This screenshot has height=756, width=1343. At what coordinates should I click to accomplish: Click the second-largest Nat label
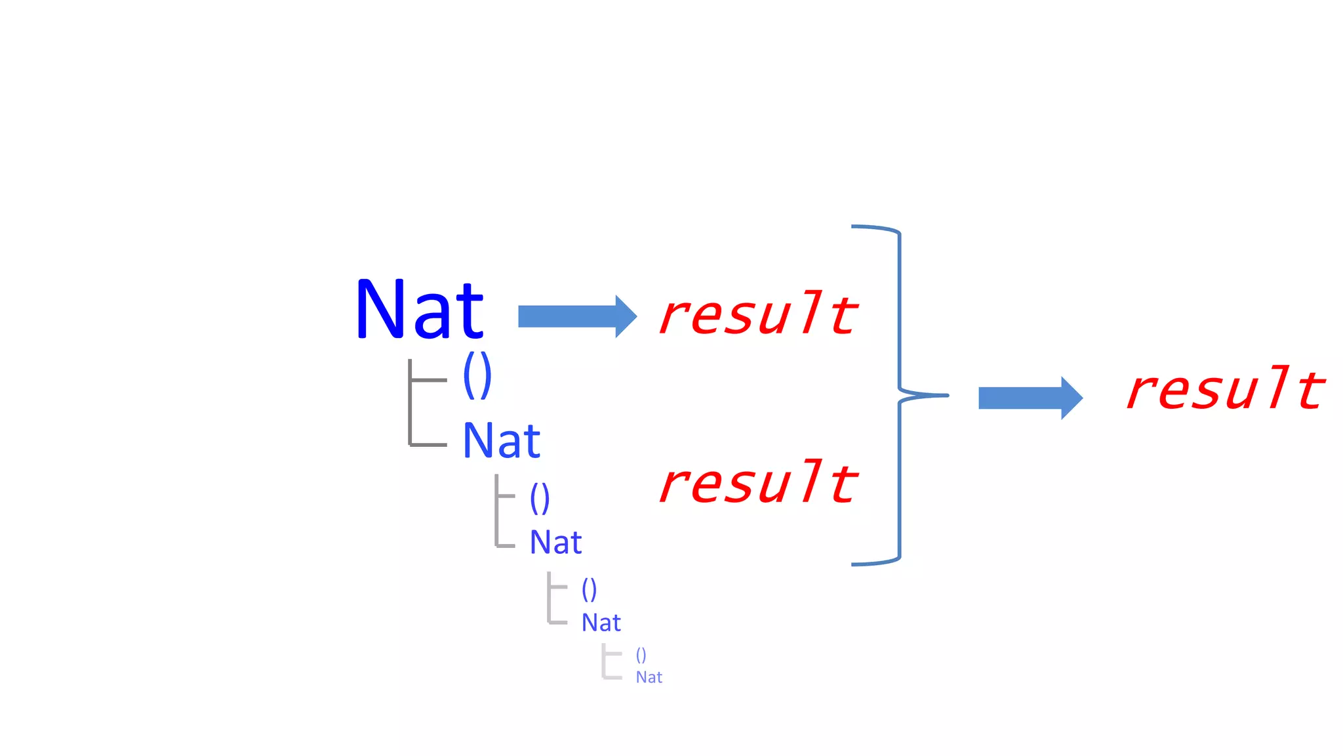(502, 440)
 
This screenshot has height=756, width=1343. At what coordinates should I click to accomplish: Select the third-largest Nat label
(555, 543)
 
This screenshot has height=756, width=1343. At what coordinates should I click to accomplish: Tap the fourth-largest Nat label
(601, 623)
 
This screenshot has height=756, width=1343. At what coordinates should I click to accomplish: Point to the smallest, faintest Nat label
(649, 677)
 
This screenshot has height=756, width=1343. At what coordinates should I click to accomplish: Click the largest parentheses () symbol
(477, 375)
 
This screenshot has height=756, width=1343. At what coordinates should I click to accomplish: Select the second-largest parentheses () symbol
(540, 499)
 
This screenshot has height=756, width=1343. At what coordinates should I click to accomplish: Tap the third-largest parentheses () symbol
(589, 589)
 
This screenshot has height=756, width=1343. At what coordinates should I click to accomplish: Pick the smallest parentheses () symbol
(641, 655)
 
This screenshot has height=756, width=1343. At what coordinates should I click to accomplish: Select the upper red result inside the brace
(758, 314)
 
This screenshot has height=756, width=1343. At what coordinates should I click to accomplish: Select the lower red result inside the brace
(758, 483)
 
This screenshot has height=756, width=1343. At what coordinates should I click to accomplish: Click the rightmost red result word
(1225, 389)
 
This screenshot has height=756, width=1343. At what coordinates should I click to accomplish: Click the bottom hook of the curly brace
(875, 562)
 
